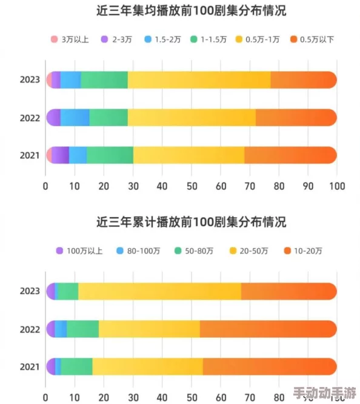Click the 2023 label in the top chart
[30, 79]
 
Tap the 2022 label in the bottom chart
[30, 329]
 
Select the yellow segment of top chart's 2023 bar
[199, 79]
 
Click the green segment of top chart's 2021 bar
[110, 155]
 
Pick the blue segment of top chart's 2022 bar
[75, 118]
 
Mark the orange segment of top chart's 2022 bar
[296, 118]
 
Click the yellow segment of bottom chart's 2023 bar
[159, 291]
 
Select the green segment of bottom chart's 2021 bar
[76, 366]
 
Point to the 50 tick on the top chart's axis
[192, 186]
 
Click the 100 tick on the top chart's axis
[336, 186]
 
